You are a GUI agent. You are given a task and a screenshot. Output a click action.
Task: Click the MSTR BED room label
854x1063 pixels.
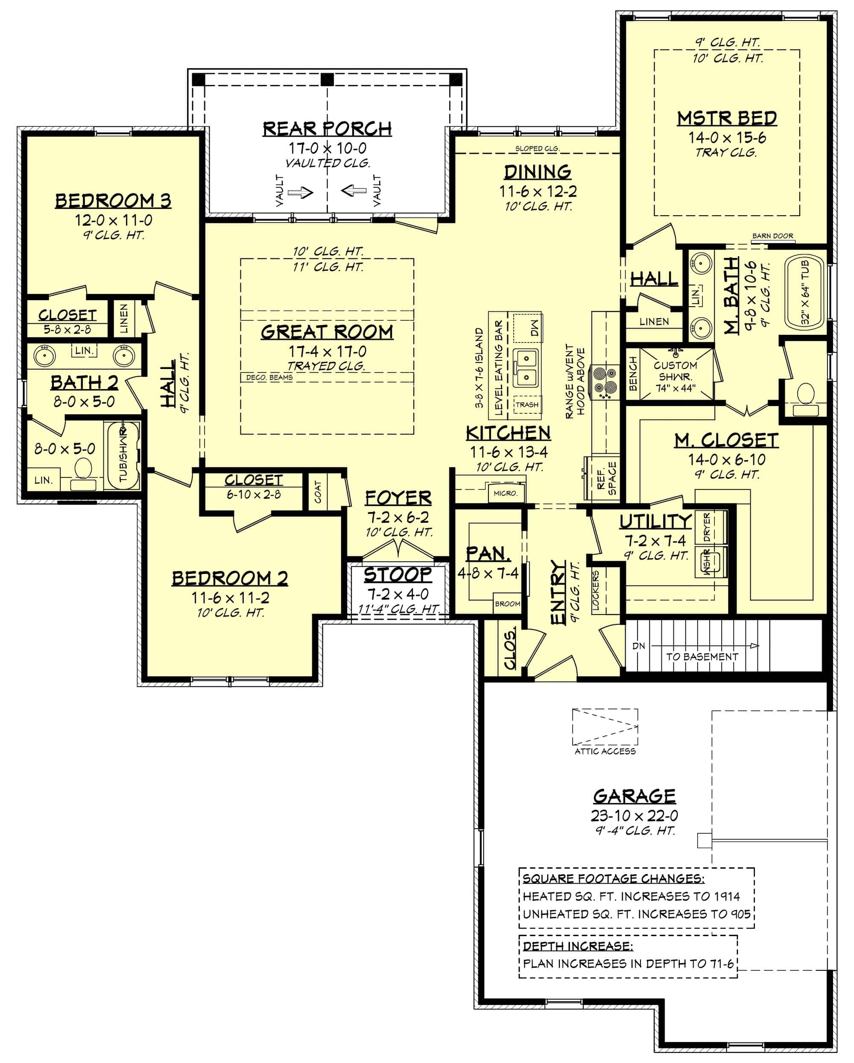727,118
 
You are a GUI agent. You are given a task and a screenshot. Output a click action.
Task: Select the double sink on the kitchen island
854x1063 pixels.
526,368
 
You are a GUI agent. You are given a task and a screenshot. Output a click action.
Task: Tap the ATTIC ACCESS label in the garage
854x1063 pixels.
605,751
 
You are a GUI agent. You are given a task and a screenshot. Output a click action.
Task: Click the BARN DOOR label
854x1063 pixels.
772,236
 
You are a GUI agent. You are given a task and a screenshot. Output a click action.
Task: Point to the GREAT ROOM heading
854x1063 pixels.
327,332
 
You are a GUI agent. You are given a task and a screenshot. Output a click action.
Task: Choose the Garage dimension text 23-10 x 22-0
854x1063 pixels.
634,815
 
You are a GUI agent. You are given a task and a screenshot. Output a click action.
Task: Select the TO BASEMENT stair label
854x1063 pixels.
702,657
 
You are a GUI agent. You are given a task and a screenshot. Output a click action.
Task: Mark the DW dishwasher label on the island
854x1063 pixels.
535,326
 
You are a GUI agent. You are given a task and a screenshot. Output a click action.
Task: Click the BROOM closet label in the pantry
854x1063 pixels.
507,603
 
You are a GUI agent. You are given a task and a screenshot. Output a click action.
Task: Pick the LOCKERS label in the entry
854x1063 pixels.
596,591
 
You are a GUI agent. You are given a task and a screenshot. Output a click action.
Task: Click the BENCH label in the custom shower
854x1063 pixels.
633,374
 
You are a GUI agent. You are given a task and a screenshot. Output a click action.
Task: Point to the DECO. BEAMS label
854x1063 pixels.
269,377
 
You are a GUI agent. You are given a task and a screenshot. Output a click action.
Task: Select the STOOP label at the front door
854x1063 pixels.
398,575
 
